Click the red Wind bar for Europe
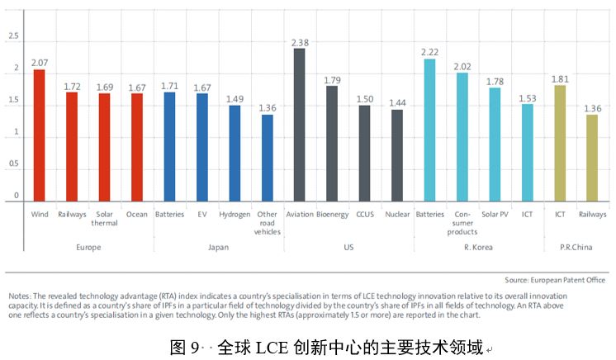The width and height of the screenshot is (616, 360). [x=39, y=136]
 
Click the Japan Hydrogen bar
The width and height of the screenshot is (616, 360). [x=235, y=154]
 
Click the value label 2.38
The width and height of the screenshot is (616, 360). [x=299, y=42]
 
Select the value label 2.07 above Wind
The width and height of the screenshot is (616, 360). [x=39, y=63]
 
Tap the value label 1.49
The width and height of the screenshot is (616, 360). [x=235, y=99]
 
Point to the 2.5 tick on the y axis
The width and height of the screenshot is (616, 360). [x=13, y=37]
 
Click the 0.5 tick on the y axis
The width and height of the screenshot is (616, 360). [x=13, y=163]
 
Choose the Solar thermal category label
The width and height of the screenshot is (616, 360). [x=104, y=219]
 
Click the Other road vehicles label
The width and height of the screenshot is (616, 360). [x=268, y=223]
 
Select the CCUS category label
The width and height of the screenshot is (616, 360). [x=364, y=215]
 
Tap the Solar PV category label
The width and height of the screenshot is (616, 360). [x=494, y=215]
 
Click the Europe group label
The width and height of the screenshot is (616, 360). [x=88, y=246]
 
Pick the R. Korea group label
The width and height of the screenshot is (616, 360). [x=477, y=246]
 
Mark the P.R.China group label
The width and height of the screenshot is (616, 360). [x=576, y=246]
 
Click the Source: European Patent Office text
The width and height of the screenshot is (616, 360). [x=555, y=280]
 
